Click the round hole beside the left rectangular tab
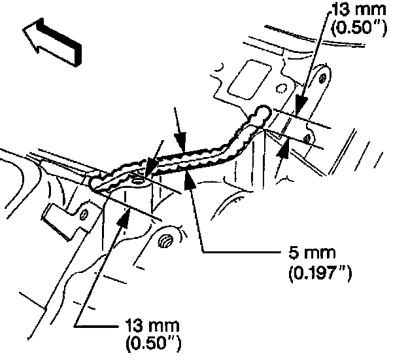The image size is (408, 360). coord(84,213)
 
